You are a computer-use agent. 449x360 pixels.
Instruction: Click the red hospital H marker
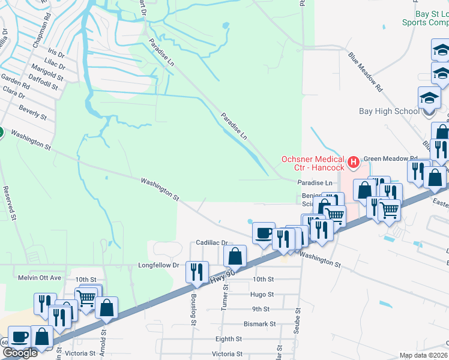click(x=354, y=161)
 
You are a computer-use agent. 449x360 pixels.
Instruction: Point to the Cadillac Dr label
click(x=212, y=243)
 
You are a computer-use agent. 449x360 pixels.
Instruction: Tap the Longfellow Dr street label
click(x=159, y=265)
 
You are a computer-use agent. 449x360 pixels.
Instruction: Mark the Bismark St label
click(x=261, y=324)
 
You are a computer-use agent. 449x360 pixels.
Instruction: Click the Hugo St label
click(x=262, y=295)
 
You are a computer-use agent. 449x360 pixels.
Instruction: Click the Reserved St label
click(x=8, y=202)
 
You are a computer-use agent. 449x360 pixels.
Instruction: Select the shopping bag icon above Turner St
click(x=235, y=256)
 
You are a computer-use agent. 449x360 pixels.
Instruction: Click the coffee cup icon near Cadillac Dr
click(x=263, y=232)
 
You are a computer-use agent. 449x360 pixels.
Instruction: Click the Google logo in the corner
click(x=20, y=353)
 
